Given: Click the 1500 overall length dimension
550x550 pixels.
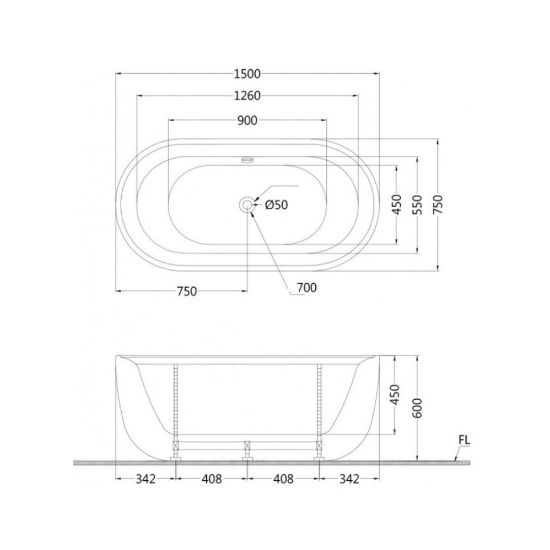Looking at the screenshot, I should pyautogui.click(x=248, y=74).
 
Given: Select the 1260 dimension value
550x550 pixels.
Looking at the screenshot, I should pyautogui.click(x=248, y=96).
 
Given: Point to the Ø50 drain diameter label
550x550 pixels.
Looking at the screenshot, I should pyautogui.click(x=277, y=205).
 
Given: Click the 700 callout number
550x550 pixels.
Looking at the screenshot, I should pyautogui.click(x=307, y=288).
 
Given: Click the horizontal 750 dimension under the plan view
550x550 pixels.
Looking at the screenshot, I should pyautogui.click(x=186, y=291).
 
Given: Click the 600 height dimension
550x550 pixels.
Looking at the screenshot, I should pyautogui.click(x=417, y=407).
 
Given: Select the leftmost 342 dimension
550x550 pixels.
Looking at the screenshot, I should pyautogui.click(x=146, y=479).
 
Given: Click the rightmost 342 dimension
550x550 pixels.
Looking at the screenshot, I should pyautogui.click(x=349, y=479).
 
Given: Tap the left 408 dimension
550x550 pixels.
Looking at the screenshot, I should pyautogui.click(x=212, y=479).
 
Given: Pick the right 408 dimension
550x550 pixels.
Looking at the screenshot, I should pyautogui.click(x=284, y=479).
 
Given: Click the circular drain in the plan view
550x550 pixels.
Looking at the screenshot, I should pyautogui.click(x=248, y=205).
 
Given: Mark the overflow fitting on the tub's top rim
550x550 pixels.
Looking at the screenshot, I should pyautogui.click(x=248, y=160).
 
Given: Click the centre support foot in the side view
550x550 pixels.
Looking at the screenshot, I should pyautogui.click(x=248, y=451).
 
